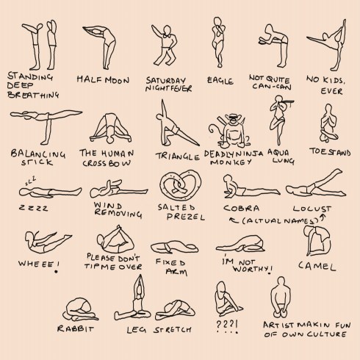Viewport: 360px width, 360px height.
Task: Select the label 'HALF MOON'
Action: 102,79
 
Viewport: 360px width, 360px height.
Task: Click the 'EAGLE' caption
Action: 220,79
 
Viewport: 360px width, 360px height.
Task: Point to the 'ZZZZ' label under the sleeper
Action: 33,208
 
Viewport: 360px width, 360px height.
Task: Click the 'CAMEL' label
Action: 317,266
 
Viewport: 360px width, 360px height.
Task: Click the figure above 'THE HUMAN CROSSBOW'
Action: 109,131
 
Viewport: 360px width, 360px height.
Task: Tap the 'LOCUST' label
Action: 312,209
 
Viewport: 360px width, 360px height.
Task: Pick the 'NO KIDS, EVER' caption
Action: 328,84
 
